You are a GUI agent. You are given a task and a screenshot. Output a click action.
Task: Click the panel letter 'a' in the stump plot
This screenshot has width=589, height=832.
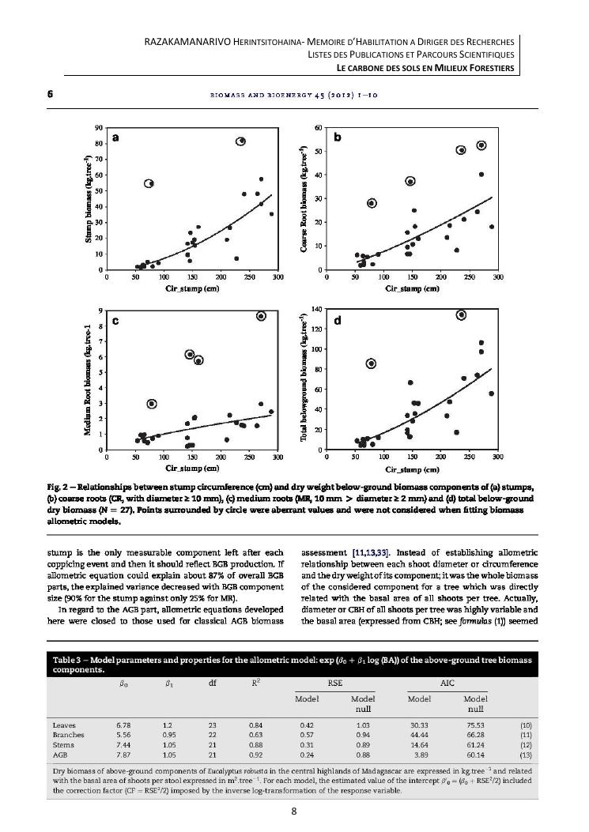[116, 137]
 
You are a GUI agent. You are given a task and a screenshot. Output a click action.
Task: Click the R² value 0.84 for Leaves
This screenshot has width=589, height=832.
[255, 724]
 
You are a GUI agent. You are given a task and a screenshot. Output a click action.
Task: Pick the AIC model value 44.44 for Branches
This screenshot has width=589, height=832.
[420, 734]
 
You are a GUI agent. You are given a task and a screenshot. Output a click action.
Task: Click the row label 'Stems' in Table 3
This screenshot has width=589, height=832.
[63, 744]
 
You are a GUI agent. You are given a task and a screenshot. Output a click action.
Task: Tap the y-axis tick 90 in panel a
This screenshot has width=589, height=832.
[99, 128]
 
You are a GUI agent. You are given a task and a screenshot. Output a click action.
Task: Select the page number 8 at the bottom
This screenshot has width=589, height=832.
[293, 808]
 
